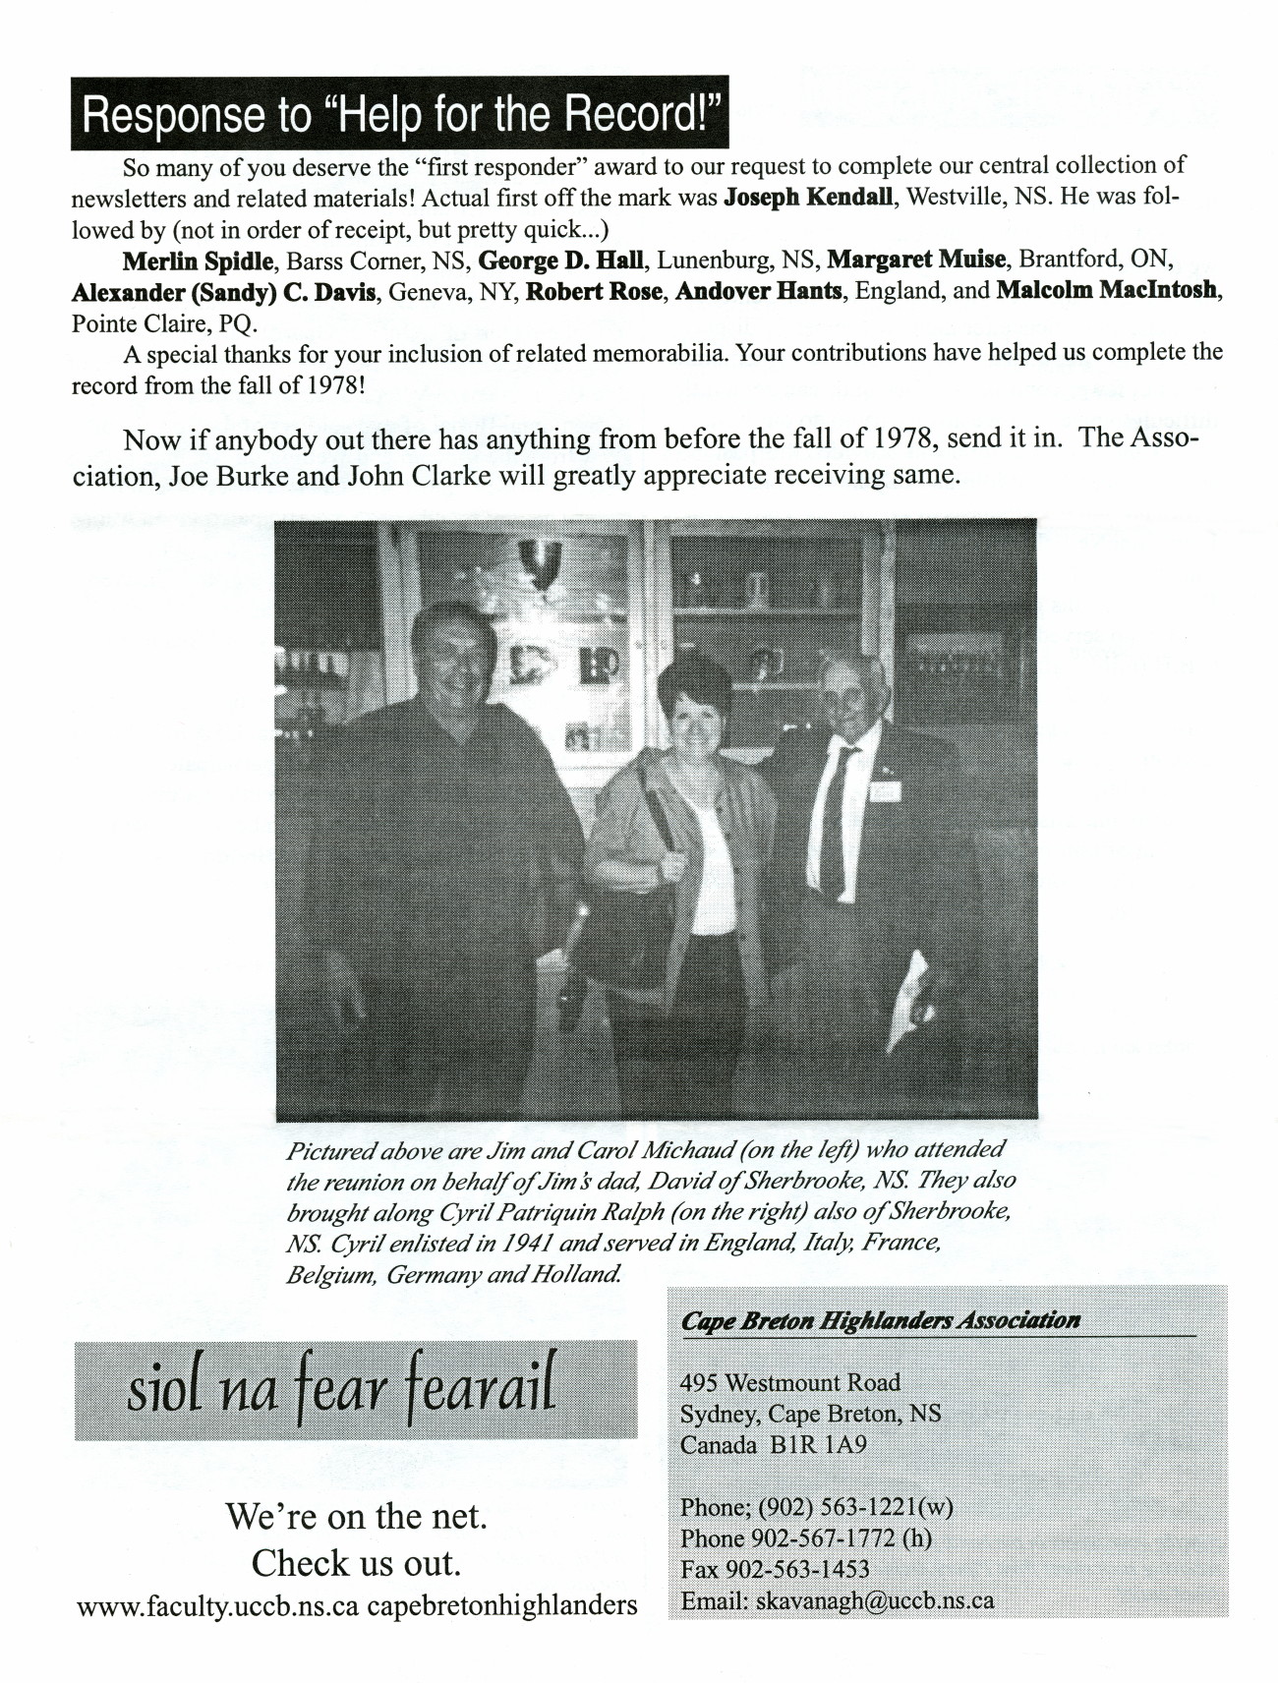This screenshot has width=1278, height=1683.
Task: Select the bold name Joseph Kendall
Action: coord(808,196)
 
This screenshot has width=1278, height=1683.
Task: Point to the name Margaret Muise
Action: coord(916,261)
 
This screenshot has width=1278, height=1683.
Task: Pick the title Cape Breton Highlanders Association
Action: coord(880,1321)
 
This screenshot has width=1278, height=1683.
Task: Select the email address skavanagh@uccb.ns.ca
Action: coord(874,1600)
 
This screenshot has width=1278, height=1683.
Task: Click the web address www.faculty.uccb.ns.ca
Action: coord(216,1606)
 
